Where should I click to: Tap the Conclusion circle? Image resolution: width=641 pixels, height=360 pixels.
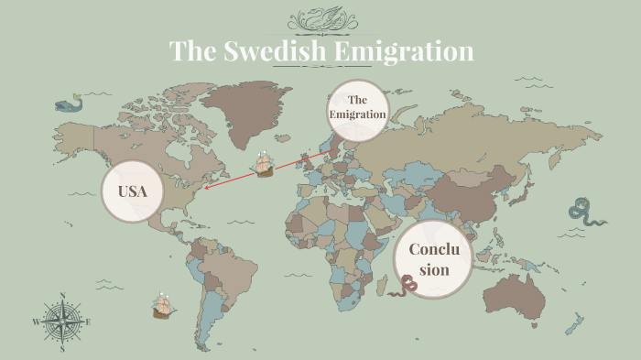click(x=434, y=259)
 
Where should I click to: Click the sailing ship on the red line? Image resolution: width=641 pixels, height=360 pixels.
click(x=266, y=165)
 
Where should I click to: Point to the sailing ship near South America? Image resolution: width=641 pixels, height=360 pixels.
click(x=163, y=305)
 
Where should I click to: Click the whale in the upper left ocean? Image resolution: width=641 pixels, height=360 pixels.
click(x=67, y=106)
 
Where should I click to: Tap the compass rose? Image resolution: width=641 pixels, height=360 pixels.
click(x=62, y=322)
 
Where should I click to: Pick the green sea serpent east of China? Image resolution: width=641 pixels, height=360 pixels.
click(x=584, y=212)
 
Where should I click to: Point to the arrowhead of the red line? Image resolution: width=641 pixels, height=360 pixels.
click(x=206, y=188)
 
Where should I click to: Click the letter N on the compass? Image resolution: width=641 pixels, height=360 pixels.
click(x=62, y=296)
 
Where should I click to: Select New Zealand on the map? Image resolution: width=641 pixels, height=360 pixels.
click(x=575, y=322)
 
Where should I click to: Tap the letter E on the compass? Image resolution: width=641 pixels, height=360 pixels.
click(x=88, y=322)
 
